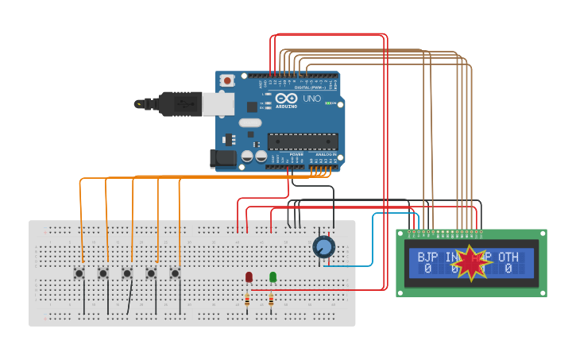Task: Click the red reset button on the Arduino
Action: coord(228,80)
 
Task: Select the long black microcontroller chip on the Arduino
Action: coord(302,141)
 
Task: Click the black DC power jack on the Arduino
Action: coord(224,158)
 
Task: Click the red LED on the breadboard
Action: coord(249,277)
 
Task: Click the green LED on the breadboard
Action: coord(273,277)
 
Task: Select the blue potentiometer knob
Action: coord(323,247)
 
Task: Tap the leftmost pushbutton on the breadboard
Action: coord(79,273)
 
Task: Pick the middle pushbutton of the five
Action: coord(126,273)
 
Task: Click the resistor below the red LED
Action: coord(247,300)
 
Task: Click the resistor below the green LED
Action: coord(271,300)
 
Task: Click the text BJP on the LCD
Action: coord(427,257)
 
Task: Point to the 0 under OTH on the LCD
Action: coord(508,269)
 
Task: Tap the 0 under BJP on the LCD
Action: coord(427,269)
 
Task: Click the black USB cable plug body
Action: coord(179,103)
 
